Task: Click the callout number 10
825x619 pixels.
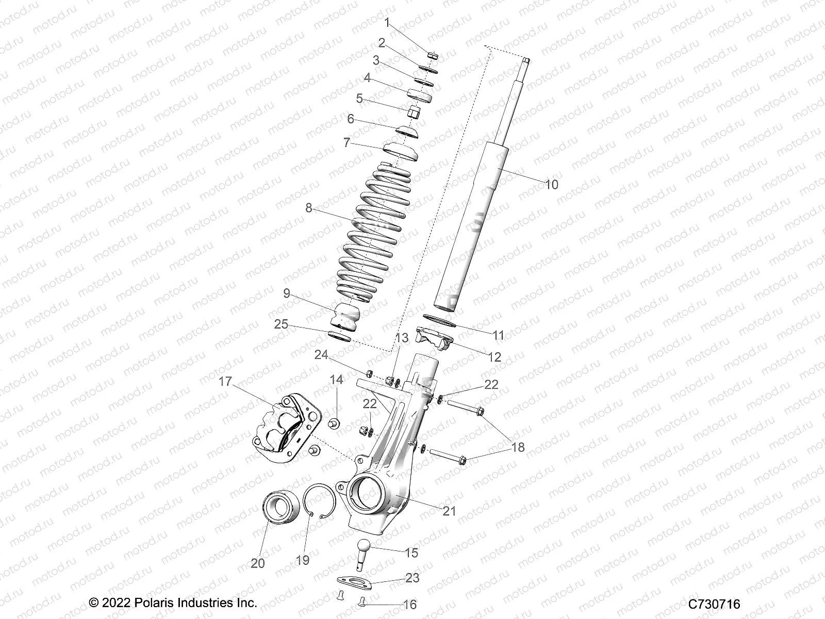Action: click(551, 184)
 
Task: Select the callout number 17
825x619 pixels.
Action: click(225, 382)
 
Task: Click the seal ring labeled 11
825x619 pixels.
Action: click(439, 321)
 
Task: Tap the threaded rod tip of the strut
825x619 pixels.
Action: click(526, 63)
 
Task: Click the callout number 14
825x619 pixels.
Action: click(336, 380)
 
